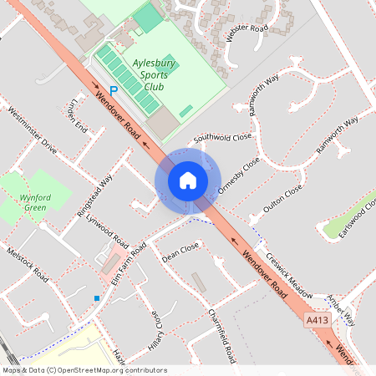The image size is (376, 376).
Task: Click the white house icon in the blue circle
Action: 188,180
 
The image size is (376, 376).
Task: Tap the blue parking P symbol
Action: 114,89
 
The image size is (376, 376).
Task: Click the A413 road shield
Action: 317,320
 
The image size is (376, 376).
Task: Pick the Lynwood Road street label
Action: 107,230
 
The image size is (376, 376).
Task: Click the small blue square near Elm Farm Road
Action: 97,298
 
